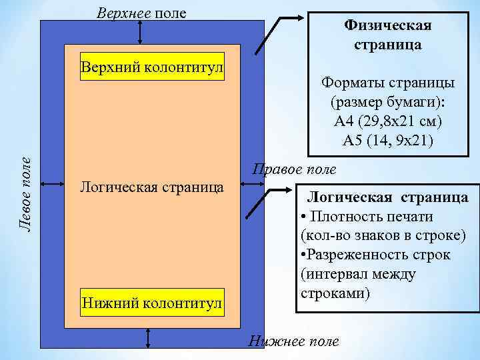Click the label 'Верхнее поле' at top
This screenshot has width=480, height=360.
tap(141, 13)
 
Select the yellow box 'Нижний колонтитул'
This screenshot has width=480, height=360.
tap(151, 304)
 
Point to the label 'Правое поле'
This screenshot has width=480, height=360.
tap(294, 169)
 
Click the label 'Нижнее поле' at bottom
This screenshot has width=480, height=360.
tap(293, 341)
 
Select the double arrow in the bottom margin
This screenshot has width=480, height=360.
tap(147, 337)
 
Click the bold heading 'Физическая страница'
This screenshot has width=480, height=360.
tap(387, 35)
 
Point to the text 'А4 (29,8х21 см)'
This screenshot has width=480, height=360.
tap(388, 122)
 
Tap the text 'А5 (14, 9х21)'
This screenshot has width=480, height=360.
tap(387, 140)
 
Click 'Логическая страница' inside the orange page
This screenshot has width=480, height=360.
tap(151, 185)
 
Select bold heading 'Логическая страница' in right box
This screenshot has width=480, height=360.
tap(387, 197)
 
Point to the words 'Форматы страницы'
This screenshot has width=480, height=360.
tap(388, 84)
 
